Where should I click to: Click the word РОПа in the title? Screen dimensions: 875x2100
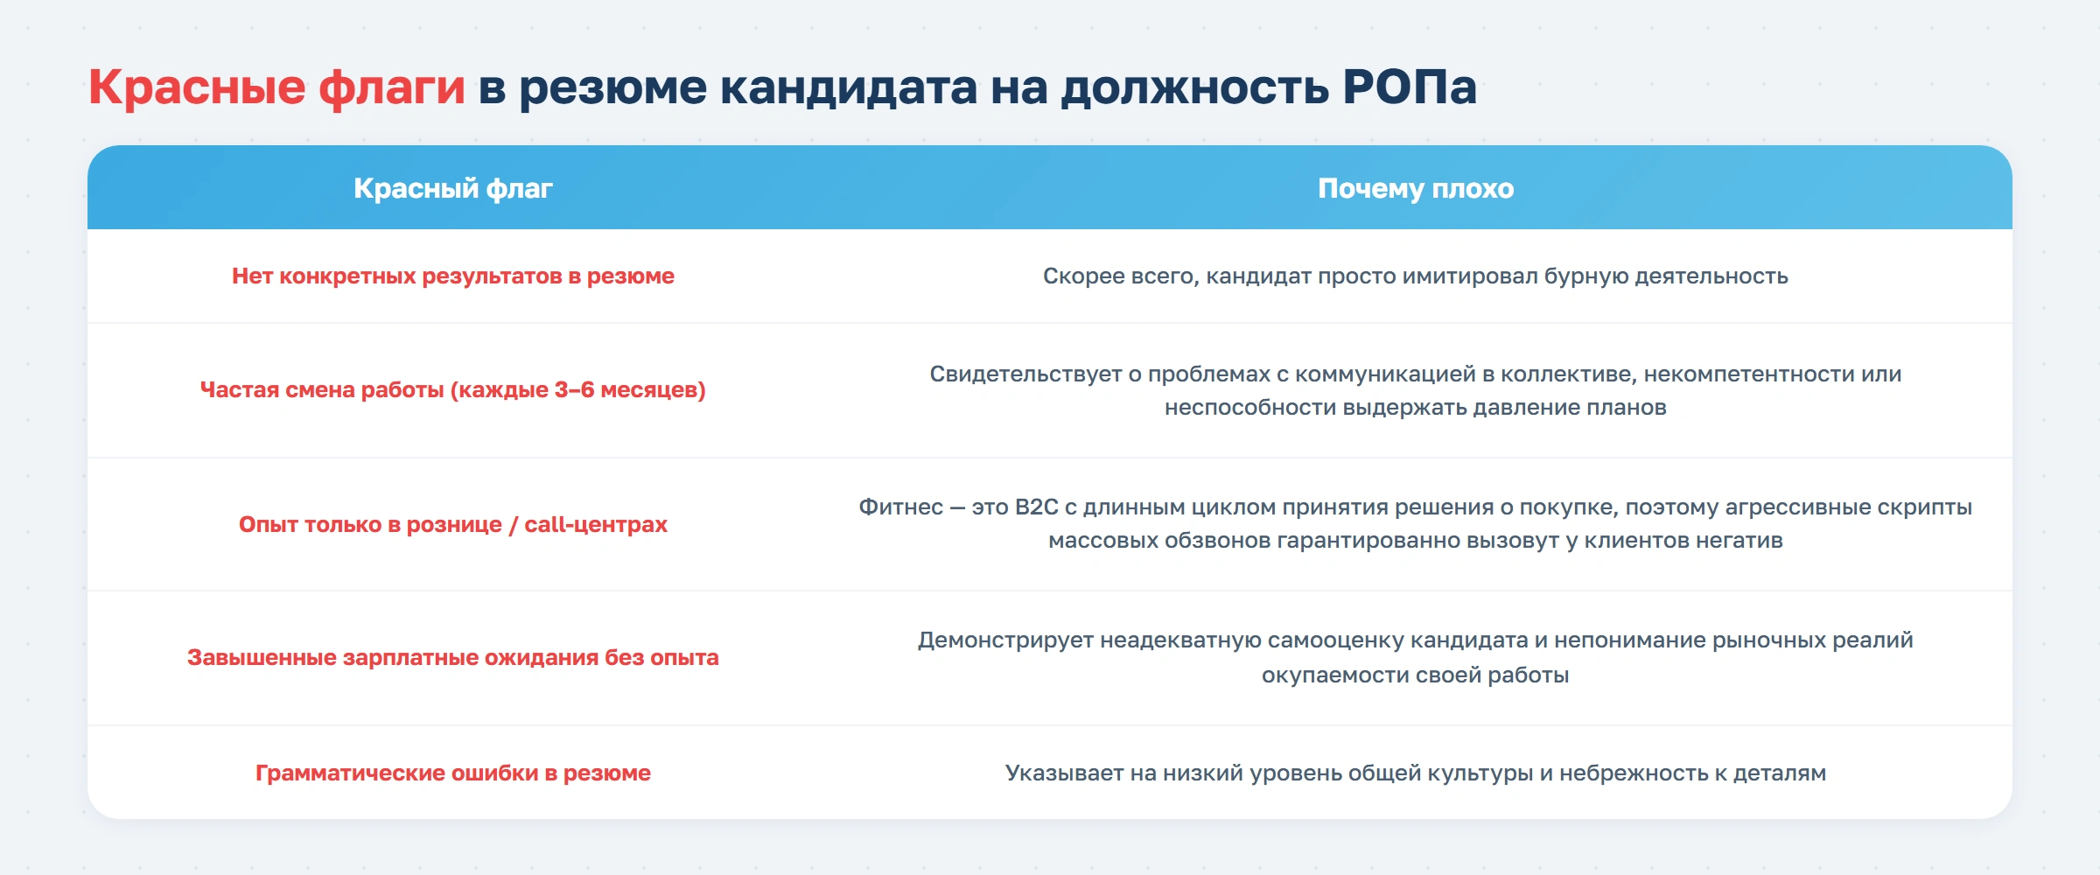click(1409, 87)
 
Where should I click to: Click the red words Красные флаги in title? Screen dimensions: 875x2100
click(276, 87)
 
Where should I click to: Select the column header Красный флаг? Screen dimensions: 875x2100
click(452, 188)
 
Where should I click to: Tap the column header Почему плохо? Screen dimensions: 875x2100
click(1415, 188)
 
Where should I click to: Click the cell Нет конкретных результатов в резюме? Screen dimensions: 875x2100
click(452, 276)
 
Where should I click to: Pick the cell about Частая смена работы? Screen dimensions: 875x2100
click(452, 390)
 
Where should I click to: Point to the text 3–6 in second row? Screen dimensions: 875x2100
click(574, 390)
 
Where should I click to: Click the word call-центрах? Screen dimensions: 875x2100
click(595, 525)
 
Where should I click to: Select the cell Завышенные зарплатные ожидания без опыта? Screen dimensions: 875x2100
click(452, 658)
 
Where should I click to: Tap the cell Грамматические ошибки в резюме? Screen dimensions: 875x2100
click(452, 773)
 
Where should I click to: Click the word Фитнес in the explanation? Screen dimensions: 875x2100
click(900, 507)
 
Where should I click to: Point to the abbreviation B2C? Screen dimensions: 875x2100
click(1036, 507)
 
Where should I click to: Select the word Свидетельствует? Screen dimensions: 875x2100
click(1025, 374)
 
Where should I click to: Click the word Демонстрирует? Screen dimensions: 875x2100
click(1004, 640)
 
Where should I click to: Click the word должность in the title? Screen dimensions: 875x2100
click(1194, 87)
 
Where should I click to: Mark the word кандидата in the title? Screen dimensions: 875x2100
click(848, 87)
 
